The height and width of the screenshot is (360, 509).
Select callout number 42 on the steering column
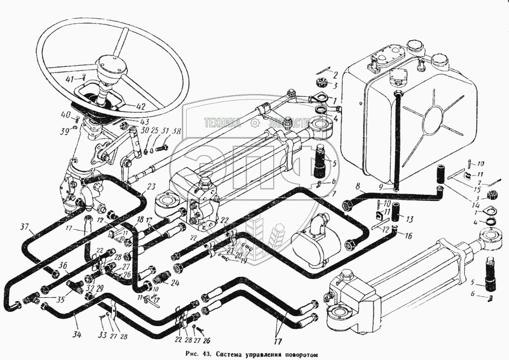tap(139, 106)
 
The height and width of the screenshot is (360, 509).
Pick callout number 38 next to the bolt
tap(177, 131)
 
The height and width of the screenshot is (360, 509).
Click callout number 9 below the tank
tap(382, 187)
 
